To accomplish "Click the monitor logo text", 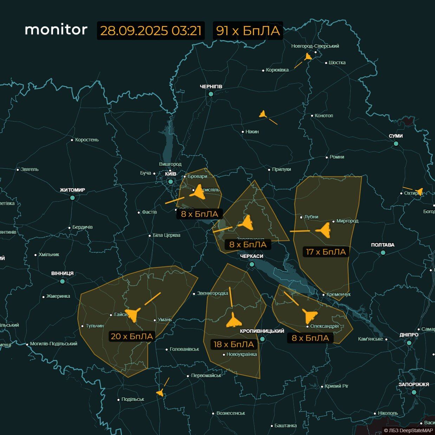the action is coord(56,30).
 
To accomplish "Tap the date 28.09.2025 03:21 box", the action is coord(151,31).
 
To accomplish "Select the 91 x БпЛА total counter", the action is coord(248,31).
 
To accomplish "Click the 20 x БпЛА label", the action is coord(132,336).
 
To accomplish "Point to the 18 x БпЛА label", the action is coord(234,344).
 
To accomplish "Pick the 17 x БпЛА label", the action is coord(326,252).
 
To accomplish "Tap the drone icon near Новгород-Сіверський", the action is coord(308,57).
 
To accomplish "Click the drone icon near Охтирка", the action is coord(419,191).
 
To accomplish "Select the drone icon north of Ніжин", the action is coord(263,114).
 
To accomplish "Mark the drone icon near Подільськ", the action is coord(160,392).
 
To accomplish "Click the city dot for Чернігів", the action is coord(211,94).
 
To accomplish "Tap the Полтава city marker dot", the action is coord(383,253).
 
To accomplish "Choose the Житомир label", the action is coord(72,190).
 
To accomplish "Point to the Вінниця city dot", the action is coord(63,281).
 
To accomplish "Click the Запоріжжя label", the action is coord(414,384).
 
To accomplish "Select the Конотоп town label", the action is coord(324,116).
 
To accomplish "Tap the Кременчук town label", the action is coord(338,294).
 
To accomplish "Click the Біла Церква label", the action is coord(167,235).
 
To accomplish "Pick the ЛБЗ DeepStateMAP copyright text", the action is coord(408,430).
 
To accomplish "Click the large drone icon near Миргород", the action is coord(323,230).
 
